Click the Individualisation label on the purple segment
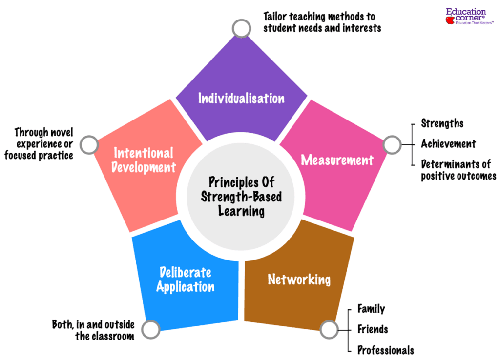coord(241,99)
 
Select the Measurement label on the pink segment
coord(337,160)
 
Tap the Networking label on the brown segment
coord(299,280)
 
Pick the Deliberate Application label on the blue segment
coord(185,280)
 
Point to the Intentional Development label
coord(144,160)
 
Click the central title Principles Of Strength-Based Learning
coord(242,197)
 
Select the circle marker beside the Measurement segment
coord(392,144)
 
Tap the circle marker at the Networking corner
coord(329,329)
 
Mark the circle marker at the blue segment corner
coord(150,329)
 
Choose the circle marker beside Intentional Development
coord(89,144)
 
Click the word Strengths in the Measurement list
coord(442,124)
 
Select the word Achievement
coord(448,144)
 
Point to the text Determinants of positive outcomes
coord(458,170)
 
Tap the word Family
coord(371,309)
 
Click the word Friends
coord(373,329)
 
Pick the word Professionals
coord(386,350)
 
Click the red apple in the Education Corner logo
coord(450,20)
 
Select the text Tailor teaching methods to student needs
coord(322,22)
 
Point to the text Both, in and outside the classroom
coord(93,330)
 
